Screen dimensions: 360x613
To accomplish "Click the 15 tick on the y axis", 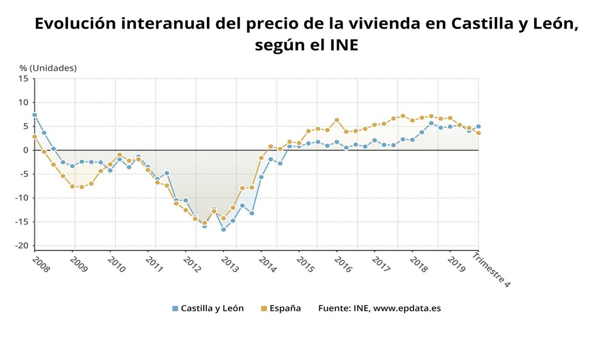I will (x=23, y=78).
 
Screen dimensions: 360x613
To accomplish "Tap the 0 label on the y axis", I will (x=26, y=150).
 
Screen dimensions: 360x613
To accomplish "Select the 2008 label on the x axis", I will (x=41, y=265).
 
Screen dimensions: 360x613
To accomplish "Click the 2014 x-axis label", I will (x=267, y=265).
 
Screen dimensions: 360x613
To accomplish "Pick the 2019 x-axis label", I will (x=456, y=265).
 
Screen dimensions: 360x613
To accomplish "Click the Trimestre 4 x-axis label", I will (x=491, y=269).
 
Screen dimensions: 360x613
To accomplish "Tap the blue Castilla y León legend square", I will (x=175, y=308).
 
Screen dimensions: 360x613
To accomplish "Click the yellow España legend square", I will (x=264, y=308).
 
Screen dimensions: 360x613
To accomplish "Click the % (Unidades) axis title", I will (x=48, y=68).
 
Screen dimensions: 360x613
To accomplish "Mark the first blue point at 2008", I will (x=34, y=115).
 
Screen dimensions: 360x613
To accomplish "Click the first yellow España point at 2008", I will (x=34, y=136).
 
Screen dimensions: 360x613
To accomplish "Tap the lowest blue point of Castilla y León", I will (x=223, y=230).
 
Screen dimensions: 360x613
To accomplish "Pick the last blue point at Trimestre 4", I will (x=479, y=126).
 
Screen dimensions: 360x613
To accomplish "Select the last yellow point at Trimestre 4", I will (x=479, y=133).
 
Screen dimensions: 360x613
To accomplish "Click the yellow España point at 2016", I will (x=337, y=120).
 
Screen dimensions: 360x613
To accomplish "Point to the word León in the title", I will (x=555, y=23).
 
